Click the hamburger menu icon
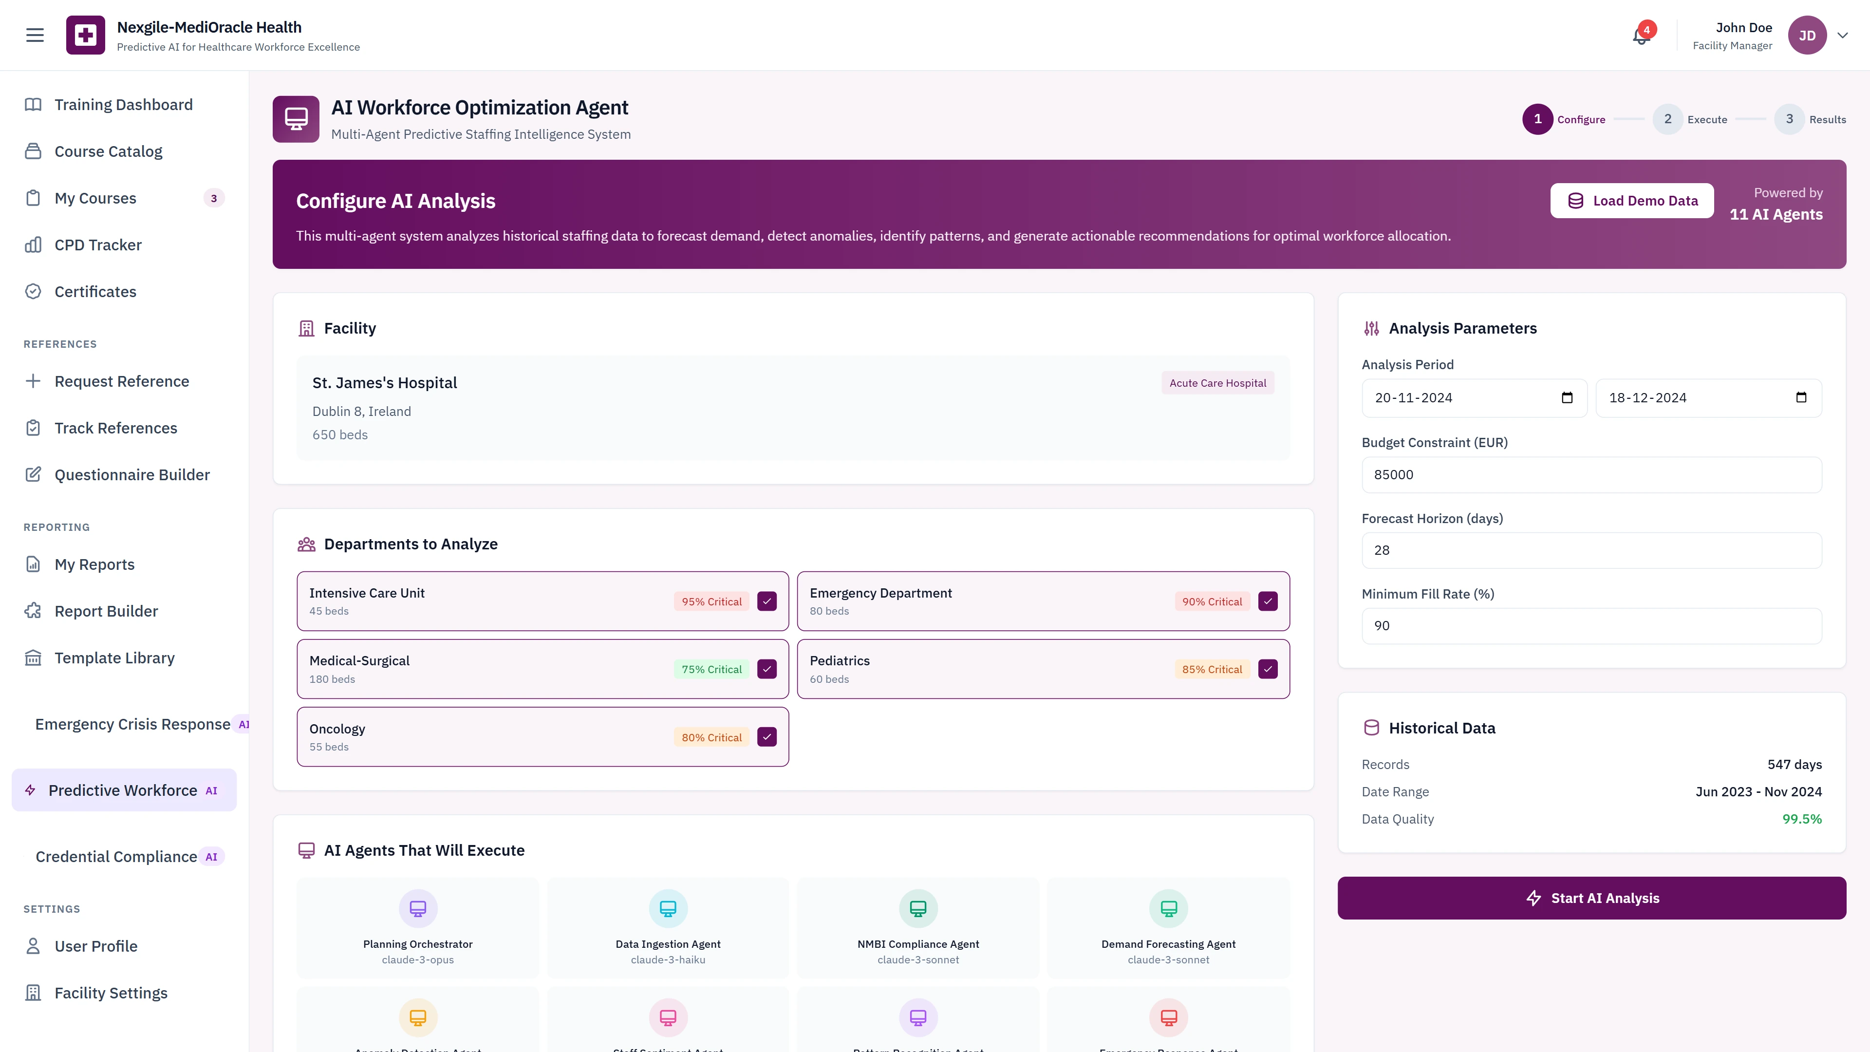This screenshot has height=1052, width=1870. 35,35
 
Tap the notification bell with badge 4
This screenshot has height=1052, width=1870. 1641,36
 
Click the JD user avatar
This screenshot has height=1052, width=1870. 1807,36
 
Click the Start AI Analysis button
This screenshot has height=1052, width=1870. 1591,898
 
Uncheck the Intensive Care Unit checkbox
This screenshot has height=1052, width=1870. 767,601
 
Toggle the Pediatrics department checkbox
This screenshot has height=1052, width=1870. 1268,669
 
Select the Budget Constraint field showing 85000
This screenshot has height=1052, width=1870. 1591,475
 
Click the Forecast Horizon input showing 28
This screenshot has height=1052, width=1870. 1591,550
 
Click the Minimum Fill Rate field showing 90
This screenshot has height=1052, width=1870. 1591,626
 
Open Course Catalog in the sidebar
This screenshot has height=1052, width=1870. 108,151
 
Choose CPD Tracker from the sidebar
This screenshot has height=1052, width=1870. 98,244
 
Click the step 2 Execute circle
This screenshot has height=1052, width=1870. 1667,119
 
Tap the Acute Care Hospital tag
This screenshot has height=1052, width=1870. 1217,383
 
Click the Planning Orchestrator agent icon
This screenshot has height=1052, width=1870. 417,908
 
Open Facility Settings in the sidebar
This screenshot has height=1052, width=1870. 111,993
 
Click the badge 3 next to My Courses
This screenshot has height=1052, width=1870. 213,198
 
